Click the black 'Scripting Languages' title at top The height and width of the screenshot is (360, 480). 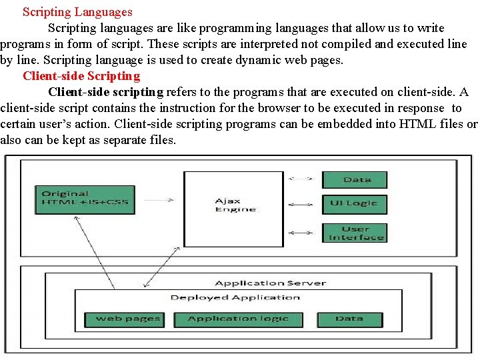77,12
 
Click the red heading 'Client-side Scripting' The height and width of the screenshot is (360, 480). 81,76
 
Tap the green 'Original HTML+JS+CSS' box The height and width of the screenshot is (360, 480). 85,199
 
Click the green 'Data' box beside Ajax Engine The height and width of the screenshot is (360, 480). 354,180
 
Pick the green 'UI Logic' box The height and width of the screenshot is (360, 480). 354,203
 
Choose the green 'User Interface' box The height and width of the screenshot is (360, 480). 354,233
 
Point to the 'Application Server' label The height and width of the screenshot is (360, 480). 270,283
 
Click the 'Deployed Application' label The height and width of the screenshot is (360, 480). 235,297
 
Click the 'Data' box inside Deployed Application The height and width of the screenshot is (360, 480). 349,319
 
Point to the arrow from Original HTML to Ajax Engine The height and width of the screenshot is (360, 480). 159,199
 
